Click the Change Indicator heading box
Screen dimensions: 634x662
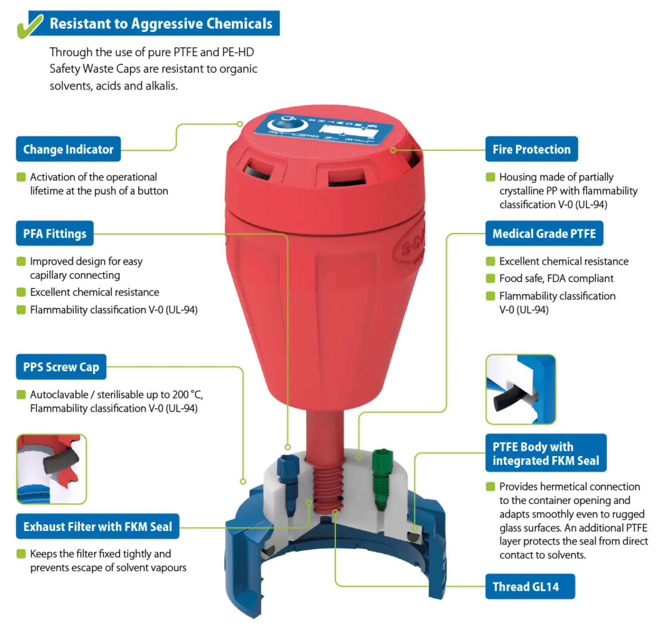pos(68,149)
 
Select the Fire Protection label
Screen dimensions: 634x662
pos(531,149)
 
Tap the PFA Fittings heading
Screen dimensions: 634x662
pos(55,233)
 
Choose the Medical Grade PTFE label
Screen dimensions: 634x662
pos(544,233)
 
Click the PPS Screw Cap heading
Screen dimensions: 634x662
pos(61,367)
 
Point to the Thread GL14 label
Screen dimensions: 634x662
pos(530,586)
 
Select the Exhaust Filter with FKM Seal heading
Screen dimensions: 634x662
pos(97,527)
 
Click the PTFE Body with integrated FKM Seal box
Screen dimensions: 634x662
pos(546,453)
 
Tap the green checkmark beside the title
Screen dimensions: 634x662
pos(30,26)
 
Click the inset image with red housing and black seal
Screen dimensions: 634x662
pos(51,469)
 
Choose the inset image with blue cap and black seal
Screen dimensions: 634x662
pos(521,390)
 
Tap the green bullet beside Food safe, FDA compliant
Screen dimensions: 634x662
pos(490,279)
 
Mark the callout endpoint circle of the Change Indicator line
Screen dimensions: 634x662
pos(240,124)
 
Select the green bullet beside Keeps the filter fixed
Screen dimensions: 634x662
pos(21,554)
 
